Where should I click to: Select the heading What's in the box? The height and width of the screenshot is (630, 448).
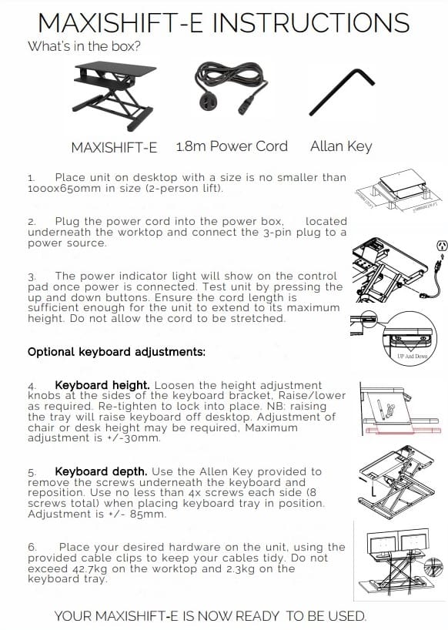click(84, 45)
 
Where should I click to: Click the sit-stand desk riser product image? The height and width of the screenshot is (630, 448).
click(116, 96)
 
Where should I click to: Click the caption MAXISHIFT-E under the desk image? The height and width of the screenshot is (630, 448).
click(114, 147)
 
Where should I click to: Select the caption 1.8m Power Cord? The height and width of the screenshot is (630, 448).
click(232, 146)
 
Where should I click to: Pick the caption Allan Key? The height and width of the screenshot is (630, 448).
click(341, 146)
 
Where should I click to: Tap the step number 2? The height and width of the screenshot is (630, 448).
click(32, 221)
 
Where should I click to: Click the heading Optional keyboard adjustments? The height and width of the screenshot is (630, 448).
click(116, 352)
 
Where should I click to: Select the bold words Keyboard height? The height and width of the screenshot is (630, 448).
click(101, 384)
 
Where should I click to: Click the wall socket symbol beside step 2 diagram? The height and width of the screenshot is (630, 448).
click(441, 246)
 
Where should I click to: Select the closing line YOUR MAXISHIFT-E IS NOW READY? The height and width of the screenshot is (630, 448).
click(210, 615)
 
